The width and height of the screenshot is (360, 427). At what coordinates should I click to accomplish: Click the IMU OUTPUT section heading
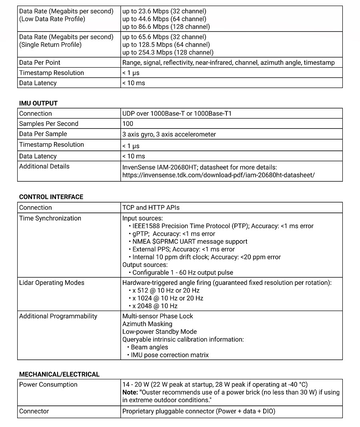tap(38, 103)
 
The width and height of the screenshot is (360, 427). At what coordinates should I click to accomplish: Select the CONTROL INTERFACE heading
tap(51, 197)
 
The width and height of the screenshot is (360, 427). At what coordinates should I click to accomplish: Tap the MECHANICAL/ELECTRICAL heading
tap(59, 375)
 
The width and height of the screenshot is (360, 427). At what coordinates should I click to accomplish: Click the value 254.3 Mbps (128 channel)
tap(168, 52)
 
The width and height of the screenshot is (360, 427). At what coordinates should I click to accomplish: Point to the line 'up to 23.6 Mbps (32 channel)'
tap(164, 11)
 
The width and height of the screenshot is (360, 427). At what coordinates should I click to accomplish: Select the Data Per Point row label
tap(40, 62)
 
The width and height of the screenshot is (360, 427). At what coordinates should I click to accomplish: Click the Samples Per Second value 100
tap(128, 124)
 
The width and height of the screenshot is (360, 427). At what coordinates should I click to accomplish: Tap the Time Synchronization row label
tap(50, 218)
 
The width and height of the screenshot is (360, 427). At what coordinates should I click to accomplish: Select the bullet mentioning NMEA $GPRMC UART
tap(190, 242)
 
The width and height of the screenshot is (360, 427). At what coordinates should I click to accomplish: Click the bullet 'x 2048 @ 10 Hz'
tap(155, 306)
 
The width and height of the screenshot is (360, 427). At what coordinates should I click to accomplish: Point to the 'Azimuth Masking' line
tap(147, 324)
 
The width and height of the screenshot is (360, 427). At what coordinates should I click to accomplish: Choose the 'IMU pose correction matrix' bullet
tap(170, 355)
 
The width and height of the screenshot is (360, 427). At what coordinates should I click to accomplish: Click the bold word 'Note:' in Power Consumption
tap(130, 393)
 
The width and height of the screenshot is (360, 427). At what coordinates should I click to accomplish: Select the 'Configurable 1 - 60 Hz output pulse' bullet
tap(182, 273)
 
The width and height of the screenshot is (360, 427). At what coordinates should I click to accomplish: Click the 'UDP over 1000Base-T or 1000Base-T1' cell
tap(177, 114)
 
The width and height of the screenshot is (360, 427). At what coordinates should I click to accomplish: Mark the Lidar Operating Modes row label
tap(52, 283)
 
